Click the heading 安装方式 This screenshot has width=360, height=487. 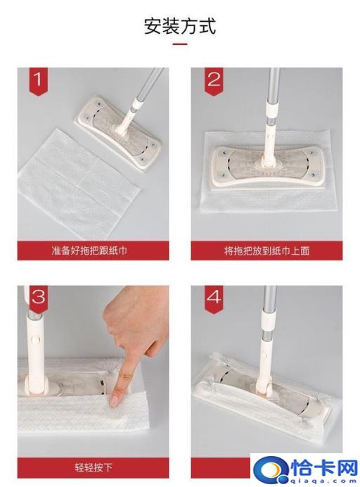(x=180, y=27)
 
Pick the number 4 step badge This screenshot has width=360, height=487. (x=213, y=297)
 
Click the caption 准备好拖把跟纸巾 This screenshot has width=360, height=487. (x=94, y=250)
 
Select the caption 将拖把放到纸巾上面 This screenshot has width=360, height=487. (x=266, y=250)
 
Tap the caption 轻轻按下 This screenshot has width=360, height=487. (x=94, y=467)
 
